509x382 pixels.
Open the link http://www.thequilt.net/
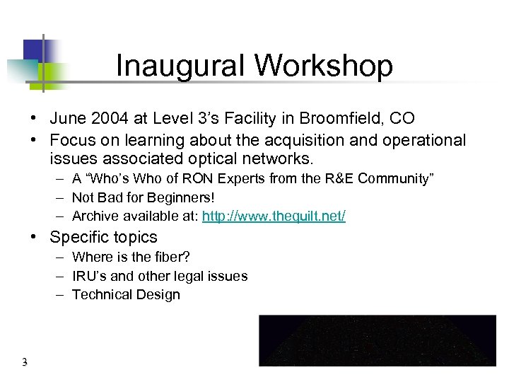click(274, 216)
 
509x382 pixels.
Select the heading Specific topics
click(104, 237)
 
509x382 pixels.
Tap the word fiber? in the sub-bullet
click(170, 257)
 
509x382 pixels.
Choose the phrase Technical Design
click(126, 295)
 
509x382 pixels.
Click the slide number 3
click(24, 363)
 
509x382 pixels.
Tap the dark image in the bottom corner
click(378, 340)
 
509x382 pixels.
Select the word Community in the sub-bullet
click(392, 178)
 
